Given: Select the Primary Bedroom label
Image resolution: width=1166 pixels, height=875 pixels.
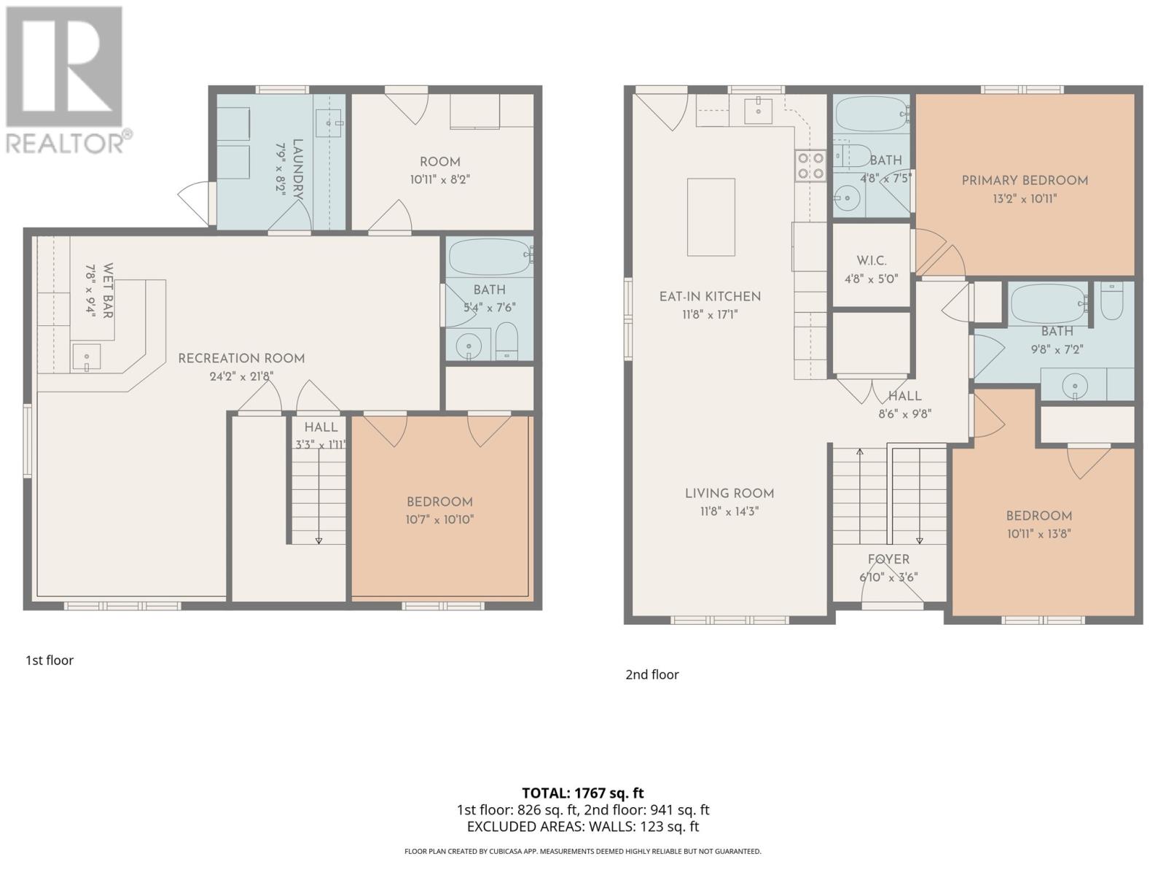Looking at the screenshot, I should point(1024,181).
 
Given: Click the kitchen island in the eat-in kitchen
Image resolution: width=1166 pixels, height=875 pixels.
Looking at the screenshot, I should point(711,217).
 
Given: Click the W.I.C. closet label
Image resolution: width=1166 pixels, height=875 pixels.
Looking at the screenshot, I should point(871,261).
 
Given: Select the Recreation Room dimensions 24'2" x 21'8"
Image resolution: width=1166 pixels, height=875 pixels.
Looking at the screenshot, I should point(241,377).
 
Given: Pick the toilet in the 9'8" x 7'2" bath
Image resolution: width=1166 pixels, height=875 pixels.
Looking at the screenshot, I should point(1111,301).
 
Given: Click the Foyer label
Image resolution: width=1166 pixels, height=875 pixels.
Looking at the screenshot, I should point(888,559).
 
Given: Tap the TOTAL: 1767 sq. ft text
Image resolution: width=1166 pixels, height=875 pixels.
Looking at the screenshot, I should point(582,793).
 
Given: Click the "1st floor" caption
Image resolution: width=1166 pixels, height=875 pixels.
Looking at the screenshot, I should point(50,661).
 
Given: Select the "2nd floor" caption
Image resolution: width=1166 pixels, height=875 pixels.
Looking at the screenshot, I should point(652,674).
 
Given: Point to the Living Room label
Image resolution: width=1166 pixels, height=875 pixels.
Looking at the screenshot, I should point(729,494).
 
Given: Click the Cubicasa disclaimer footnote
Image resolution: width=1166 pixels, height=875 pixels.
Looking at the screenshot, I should point(582,851).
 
